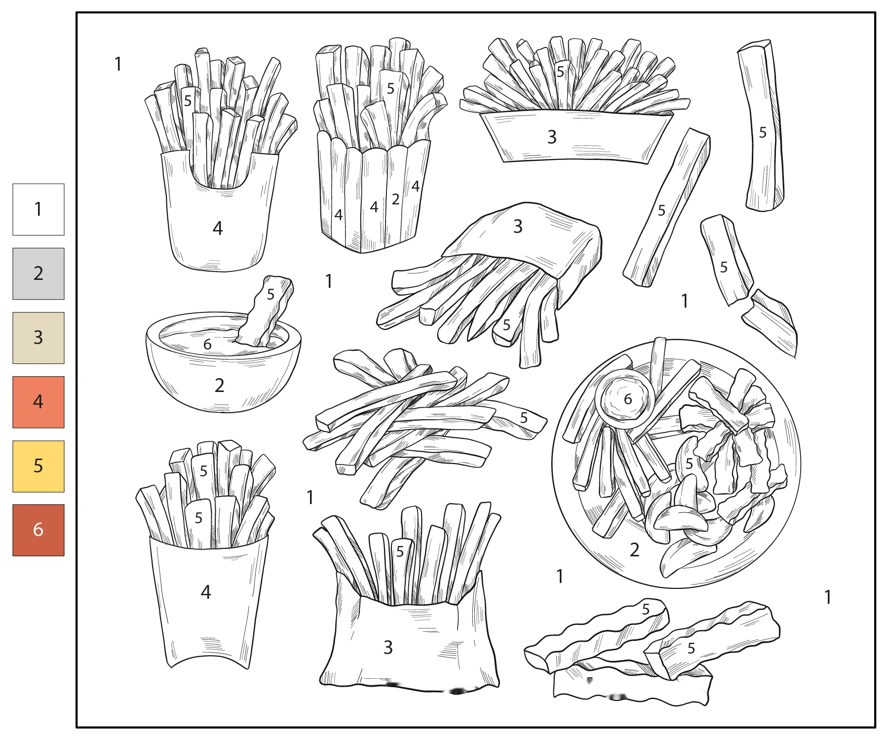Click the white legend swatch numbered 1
[x=38, y=209]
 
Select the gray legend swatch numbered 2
[x=38, y=273]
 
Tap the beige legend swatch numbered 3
[x=38, y=338]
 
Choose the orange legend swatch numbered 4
[x=38, y=402]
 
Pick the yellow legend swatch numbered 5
[x=38, y=466]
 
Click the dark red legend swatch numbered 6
[x=38, y=530]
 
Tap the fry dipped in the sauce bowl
[x=266, y=311]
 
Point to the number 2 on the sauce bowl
[x=220, y=385]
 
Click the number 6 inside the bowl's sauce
[x=207, y=344]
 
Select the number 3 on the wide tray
[x=552, y=137]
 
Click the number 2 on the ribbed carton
[x=395, y=199]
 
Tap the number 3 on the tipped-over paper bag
[x=518, y=226]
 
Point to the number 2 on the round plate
[x=635, y=549]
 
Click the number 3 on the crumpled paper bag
[x=388, y=647]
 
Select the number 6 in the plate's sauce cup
[x=628, y=399]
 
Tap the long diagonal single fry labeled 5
[x=666, y=207]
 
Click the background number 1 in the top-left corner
[x=118, y=64]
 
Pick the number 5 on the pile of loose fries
[x=524, y=418]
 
